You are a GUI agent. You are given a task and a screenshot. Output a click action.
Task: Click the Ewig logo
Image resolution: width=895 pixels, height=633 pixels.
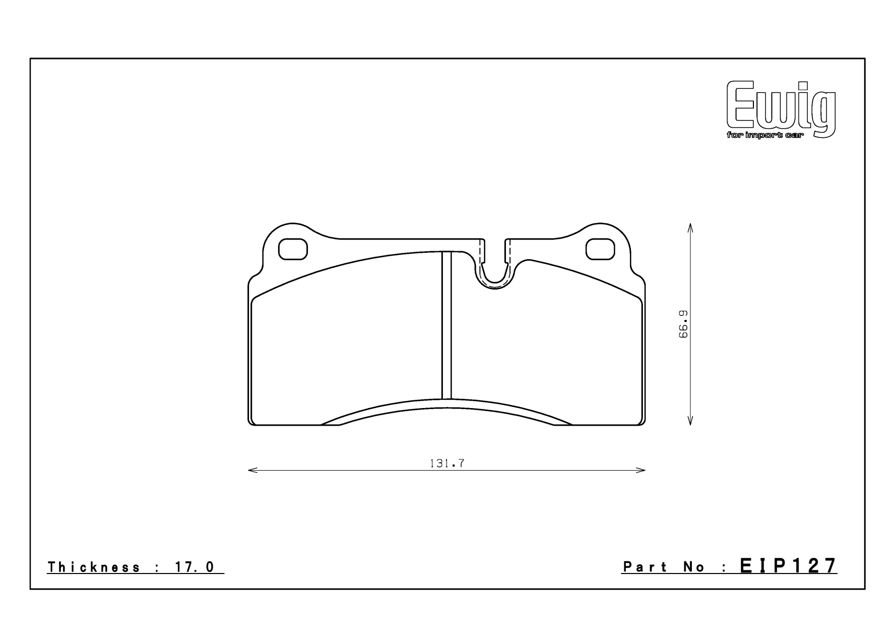coord(781,110)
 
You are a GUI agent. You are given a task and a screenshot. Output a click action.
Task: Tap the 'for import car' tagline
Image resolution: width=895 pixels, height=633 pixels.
coord(765,135)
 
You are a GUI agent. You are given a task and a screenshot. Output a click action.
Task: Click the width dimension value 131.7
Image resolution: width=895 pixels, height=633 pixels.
coord(447,463)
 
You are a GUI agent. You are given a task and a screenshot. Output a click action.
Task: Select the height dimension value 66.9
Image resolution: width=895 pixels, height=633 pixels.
coord(683,324)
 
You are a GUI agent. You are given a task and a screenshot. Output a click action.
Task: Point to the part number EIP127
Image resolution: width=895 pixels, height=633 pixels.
coord(788,566)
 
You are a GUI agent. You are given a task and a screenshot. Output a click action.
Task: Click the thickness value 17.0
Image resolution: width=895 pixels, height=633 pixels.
coord(195,567)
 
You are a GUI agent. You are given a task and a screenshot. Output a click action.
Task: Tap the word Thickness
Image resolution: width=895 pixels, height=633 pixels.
coord(94,567)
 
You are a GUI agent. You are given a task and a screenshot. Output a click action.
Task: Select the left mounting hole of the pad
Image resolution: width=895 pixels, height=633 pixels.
coord(293,249)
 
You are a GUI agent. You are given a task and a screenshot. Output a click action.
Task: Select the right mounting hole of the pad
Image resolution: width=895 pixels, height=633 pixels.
coord(600,249)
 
